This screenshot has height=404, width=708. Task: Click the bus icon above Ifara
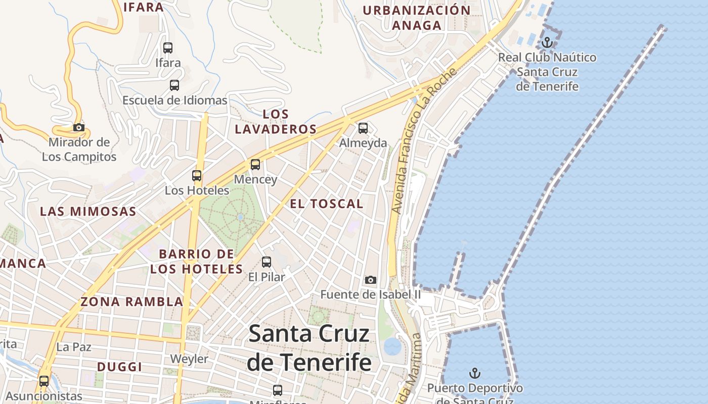tap(168, 48)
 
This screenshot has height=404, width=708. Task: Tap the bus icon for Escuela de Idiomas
tap(174, 85)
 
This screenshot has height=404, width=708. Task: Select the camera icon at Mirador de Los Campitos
tap(79, 127)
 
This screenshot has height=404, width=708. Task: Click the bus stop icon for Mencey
tap(255, 165)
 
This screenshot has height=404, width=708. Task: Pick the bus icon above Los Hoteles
tap(197, 176)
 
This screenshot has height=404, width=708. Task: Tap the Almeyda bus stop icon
tap(363, 128)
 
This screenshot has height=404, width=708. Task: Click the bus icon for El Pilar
tap(267, 262)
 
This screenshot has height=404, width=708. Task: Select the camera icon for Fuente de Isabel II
tap(371, 280)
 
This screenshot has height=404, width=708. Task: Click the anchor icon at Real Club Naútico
tap(547, 43)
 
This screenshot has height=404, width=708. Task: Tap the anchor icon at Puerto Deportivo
tap(474, 374)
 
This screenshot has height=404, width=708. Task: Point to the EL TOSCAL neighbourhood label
tap(327, 204)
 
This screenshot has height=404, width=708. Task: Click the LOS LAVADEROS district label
tap(276, 122)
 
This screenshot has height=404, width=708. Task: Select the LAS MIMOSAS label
tap(88, 211)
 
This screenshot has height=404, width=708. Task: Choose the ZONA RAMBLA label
tap(131, 302)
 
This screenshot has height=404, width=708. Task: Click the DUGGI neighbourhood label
tap(119, 367)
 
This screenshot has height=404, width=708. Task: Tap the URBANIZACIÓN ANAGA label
tap(417, 18)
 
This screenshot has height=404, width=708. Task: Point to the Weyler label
tap(189, 359)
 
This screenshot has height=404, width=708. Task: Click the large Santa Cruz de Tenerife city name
tap(309, 348)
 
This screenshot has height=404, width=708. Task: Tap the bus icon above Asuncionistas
tap(44, 381)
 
